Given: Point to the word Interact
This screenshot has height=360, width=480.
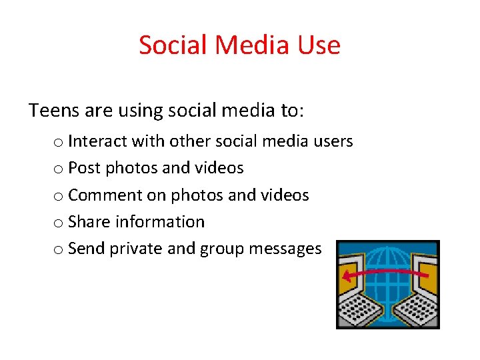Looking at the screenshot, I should [97, 141].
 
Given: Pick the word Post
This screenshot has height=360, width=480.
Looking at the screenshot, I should [83, 168].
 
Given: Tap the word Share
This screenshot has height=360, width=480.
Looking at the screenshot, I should [88, 221].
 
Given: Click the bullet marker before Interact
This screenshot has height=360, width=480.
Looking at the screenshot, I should [59, 143].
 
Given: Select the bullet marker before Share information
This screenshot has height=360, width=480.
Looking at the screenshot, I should [59, 223].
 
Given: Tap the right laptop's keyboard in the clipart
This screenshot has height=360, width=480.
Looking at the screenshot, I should [416, 307].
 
